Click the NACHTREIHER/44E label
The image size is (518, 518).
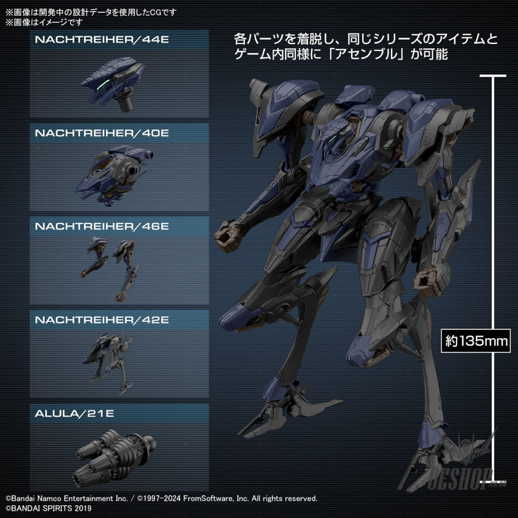click(x=102, y=40)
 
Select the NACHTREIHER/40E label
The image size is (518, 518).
click(x=102, y=133)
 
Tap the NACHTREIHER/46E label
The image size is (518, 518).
click(x=102, y=226)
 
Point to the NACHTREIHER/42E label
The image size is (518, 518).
click(x=102, y=320)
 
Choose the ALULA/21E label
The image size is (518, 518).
click(x=74, y=413)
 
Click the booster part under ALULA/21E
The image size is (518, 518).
click(x=114, y=453)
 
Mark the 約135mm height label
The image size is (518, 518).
click(x=476, y=341)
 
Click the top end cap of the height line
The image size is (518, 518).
click(x=493, y=76)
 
